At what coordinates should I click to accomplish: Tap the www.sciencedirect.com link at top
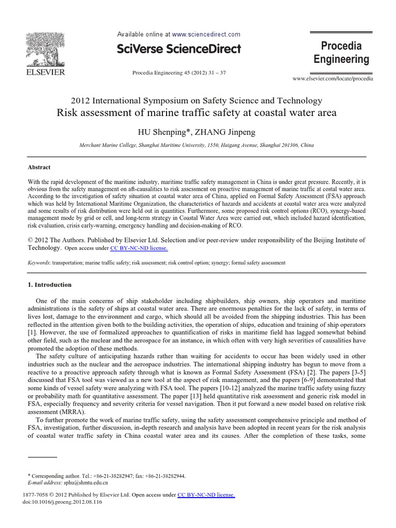(206, 35)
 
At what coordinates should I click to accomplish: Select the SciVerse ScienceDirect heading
(179, 49)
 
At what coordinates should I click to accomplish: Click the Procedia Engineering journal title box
(341, 53)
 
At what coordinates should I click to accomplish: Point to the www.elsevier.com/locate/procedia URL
(333, 79)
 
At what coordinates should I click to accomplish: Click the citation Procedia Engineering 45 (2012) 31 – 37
(179, 72)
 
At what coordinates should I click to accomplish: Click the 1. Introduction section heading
(49, 285)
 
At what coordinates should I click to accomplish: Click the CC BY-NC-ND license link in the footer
(206, 495)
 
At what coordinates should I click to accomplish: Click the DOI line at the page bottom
(52, 502)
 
